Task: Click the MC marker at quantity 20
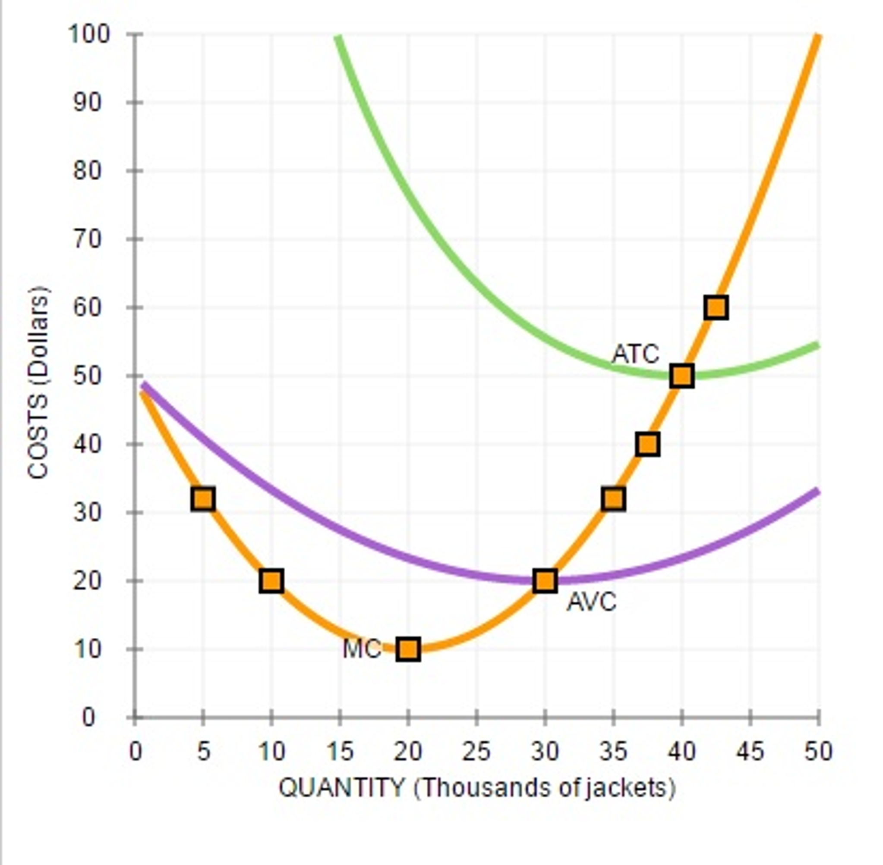click(408, 649)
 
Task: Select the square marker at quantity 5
click(203, 499)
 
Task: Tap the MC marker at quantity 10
click(271, 580)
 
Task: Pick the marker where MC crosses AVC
click(545, 580)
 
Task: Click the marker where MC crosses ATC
click(681, 376)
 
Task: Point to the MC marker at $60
click(716, 307)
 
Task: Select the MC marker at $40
click(648, 444)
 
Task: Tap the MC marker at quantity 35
click(613, 499)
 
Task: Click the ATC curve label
click(635, 354)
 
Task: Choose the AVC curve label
click(592, 602)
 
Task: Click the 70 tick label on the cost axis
click(87, 239)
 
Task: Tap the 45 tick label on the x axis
click(750, 752)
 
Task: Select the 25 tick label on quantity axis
click(476, 752)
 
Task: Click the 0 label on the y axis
click(89, 718)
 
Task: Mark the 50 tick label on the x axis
click(818, 752)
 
